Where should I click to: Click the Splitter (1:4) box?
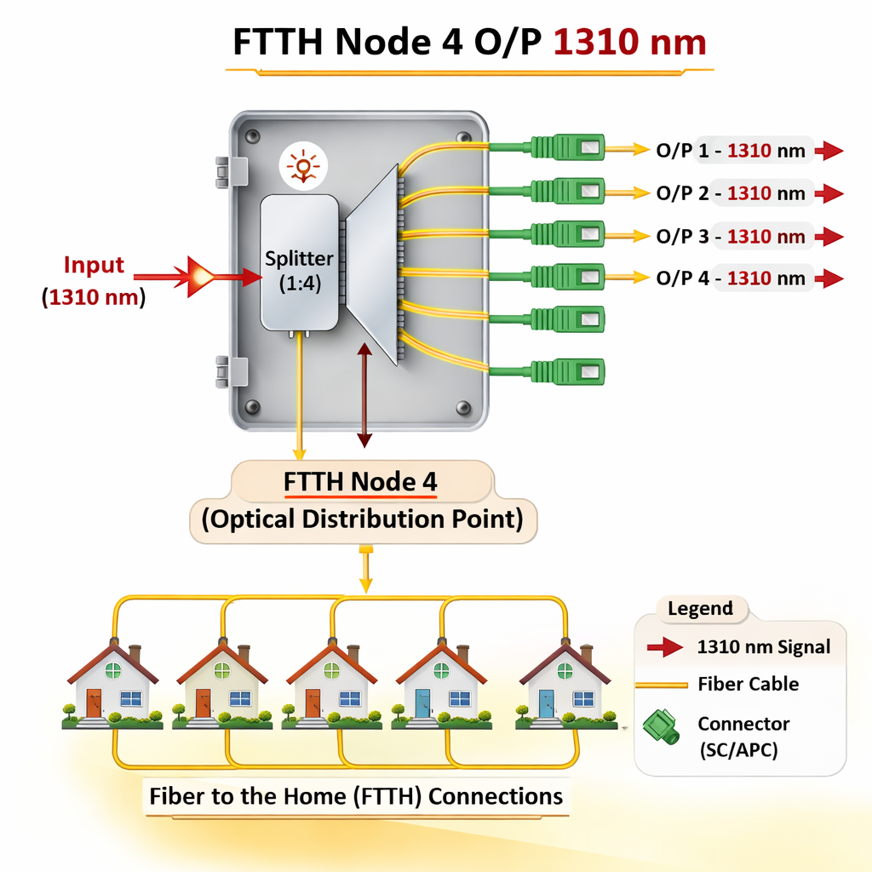(x=299, y=262)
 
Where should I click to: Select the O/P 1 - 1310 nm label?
(x=730, y=152)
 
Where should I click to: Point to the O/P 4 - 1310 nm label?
(x=730, y=278)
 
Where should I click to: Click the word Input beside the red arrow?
(x=94, y=265)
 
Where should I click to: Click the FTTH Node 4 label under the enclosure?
(x=361, y=482)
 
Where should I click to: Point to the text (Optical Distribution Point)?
(x=362, y=519)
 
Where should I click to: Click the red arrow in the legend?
(x=665, y=647)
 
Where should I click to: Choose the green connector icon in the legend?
(x=661, y=727)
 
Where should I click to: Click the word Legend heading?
(x=700, y=609)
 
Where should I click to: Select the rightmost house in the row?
(x=565, y=686)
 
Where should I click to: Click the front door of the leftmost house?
(x=94, y=703)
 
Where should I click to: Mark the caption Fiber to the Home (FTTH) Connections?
(x=356, y=796)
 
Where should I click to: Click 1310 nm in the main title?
(x=630, y=43)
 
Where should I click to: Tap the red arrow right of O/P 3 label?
(x=828, y=236)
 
